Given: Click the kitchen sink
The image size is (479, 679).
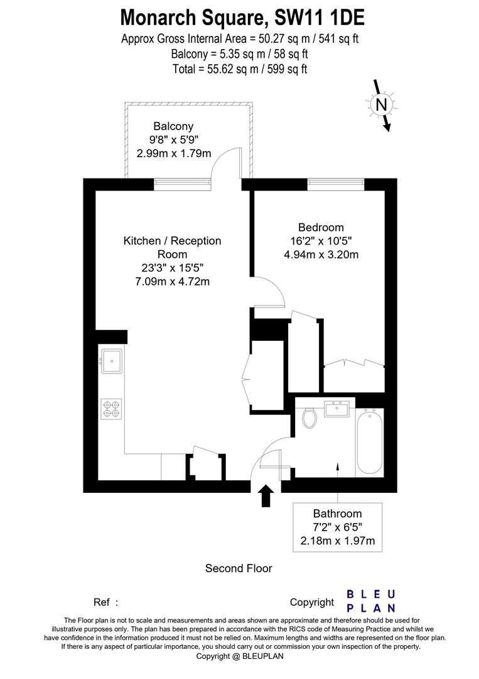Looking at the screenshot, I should click(111, 361).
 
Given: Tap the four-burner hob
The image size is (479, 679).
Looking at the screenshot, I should click(111, 409).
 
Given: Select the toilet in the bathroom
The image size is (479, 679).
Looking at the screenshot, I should click(309, 417).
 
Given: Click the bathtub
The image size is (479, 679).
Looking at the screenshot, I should click(369, 443).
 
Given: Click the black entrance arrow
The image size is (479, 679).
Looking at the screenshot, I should click(266, 495).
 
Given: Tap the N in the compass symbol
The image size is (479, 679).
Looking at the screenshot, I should click(380, 104).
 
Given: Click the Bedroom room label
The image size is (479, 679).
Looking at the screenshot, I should click(321, 228).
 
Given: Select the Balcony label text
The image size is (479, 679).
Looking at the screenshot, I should click(173, 126).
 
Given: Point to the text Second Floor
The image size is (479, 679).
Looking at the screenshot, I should click(239, 568).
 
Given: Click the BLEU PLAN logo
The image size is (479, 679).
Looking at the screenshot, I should click(372, 601).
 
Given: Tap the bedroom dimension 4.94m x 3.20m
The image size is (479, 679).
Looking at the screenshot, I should click(321, 255).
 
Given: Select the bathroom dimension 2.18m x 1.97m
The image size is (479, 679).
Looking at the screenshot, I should click(338, 541).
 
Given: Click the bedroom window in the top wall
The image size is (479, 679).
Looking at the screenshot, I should click(335, 184).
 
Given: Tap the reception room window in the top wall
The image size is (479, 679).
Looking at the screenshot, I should click(182, 184).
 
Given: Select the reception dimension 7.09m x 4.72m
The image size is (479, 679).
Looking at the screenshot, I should click(172, 281).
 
